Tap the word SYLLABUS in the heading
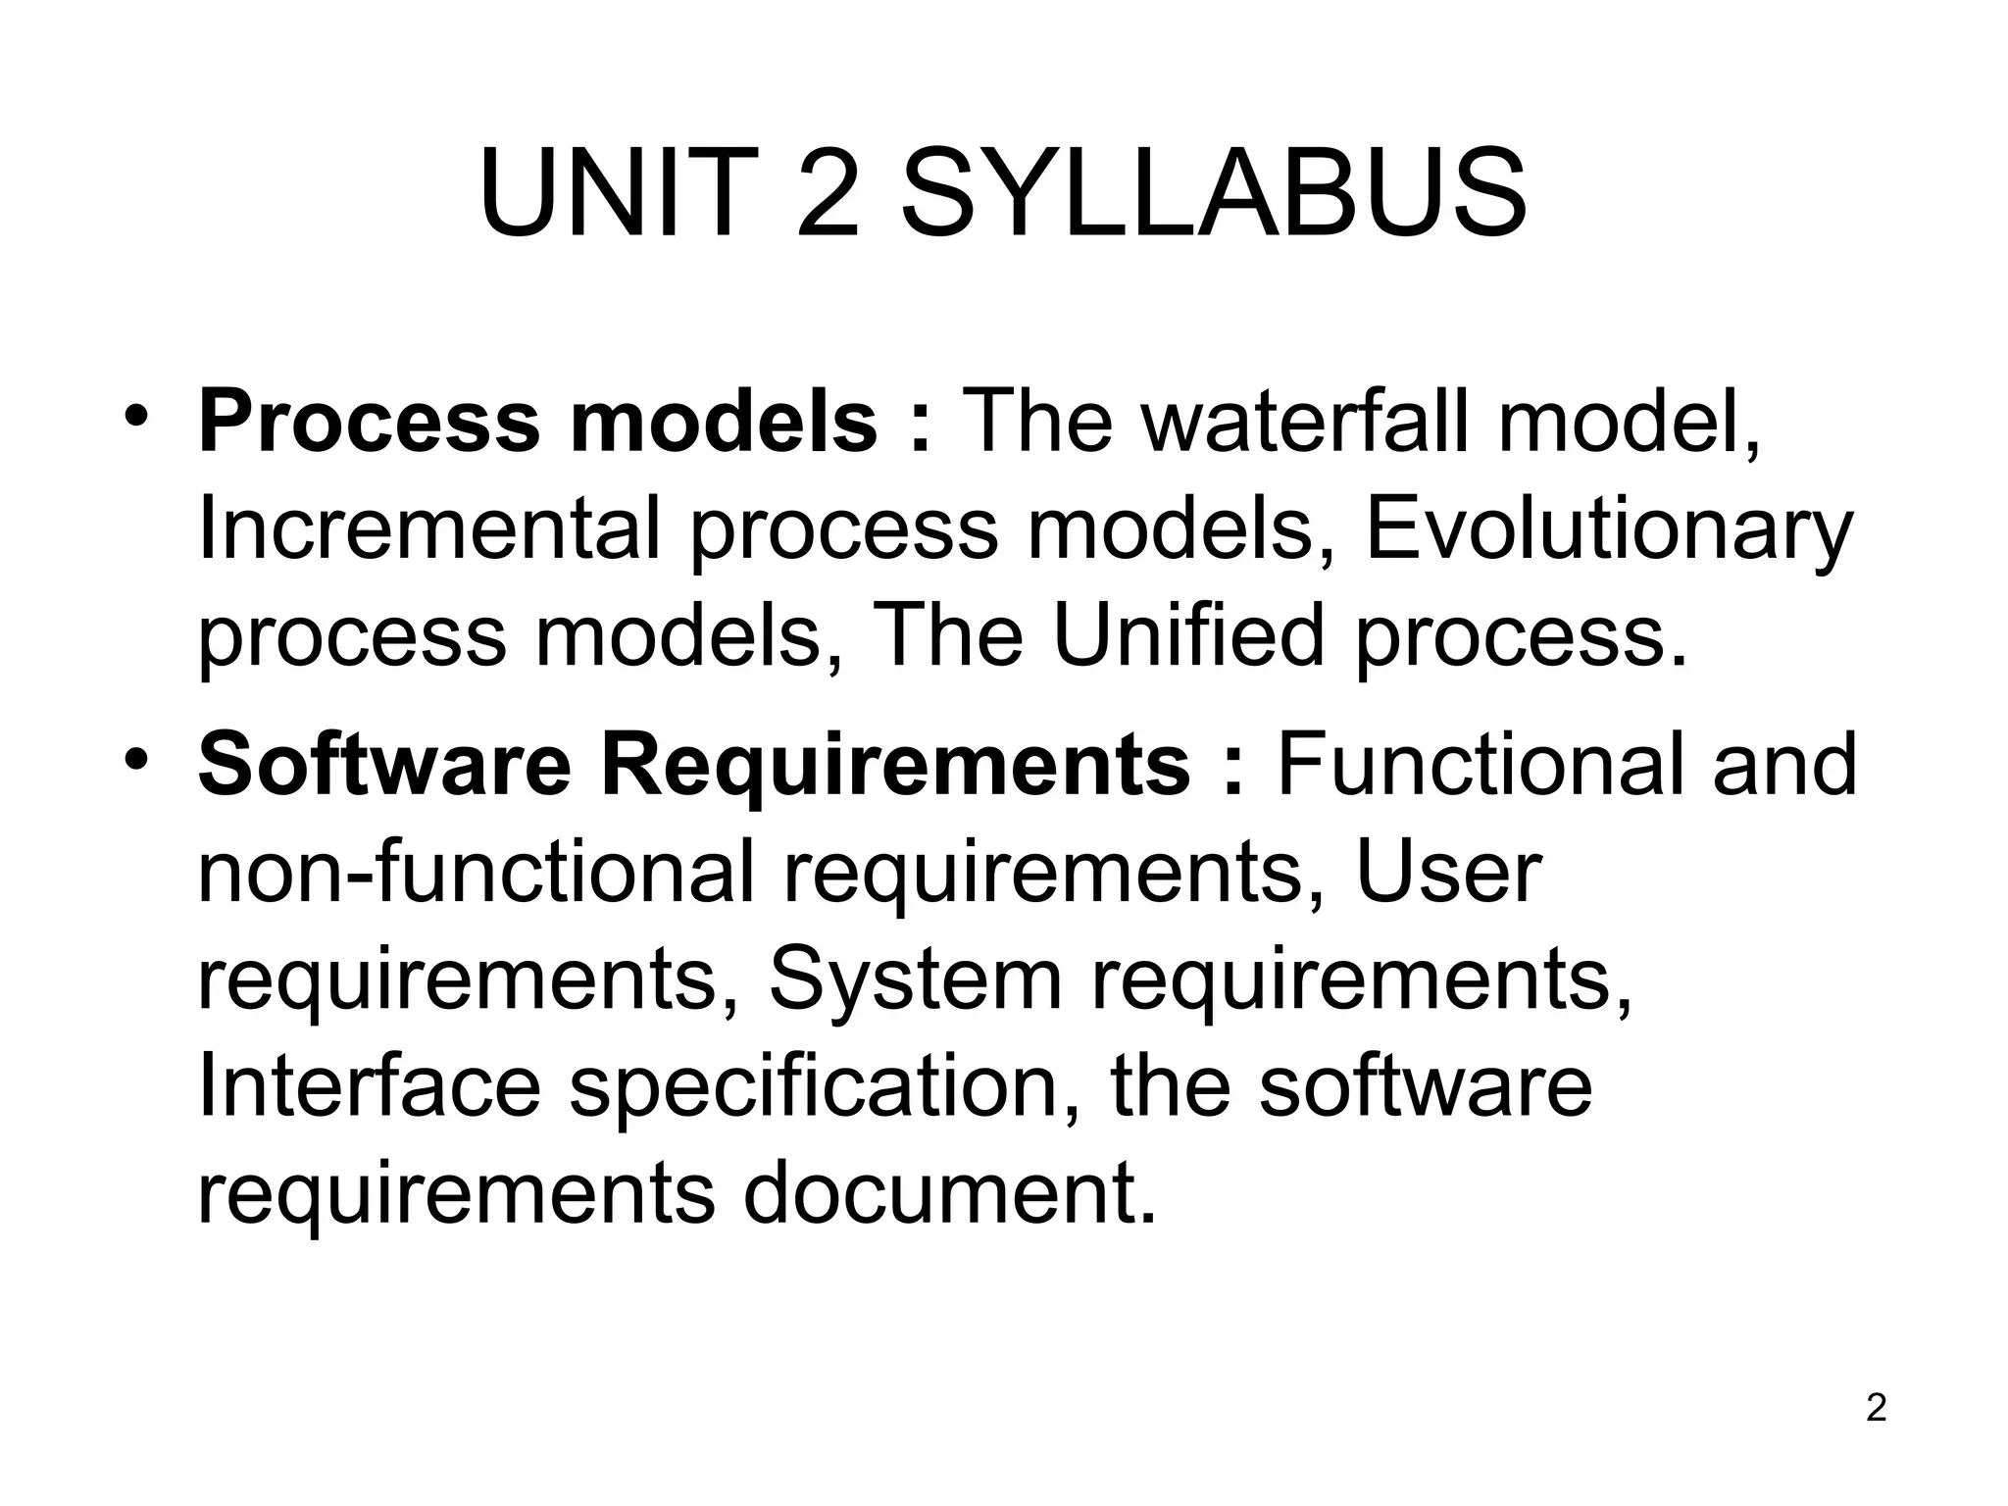click(x=1213, y=193)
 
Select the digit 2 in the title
click(x=828, y=193)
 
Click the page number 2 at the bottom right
click(x=1876, y=1408)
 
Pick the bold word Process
click(x=368, y=423)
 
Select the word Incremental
click(x=428, y=530)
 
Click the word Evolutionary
click(x=1608, y=530)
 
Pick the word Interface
click(x=369, y=1086)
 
